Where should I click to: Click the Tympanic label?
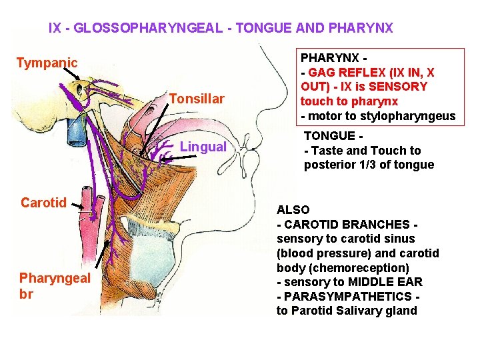tap(47, 63)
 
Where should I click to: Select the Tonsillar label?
tap(197, 99)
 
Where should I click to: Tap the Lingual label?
tap(203, 147)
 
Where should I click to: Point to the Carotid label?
tap(44, 202)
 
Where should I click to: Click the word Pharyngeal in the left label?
tap(55, 277)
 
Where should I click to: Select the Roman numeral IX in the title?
tap(55, 28)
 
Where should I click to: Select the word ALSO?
tap(293, 209)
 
